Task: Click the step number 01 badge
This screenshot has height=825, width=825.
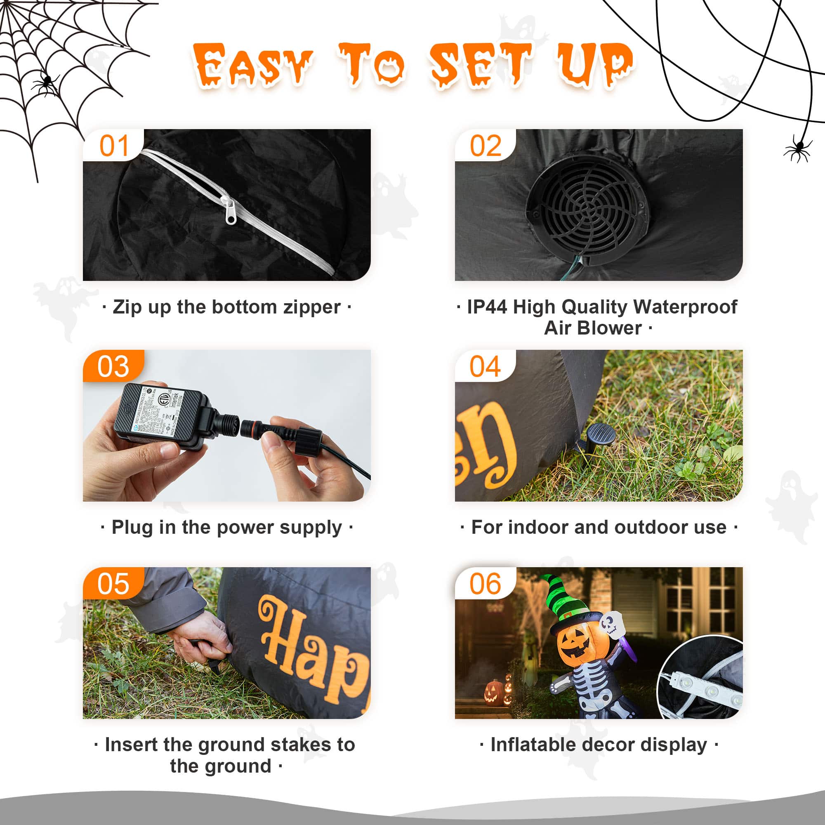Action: point(113,146)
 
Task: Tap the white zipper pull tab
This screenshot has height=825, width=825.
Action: point(230,211)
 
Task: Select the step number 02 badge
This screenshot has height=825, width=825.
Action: point(486,146)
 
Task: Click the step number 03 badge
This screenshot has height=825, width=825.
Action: point(113,366)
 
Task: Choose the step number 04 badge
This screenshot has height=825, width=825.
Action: point(485,366)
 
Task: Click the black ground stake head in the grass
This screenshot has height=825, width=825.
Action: point(601,434)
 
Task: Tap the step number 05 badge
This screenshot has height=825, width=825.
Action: point(113,584)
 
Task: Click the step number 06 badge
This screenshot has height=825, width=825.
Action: point(485,584)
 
